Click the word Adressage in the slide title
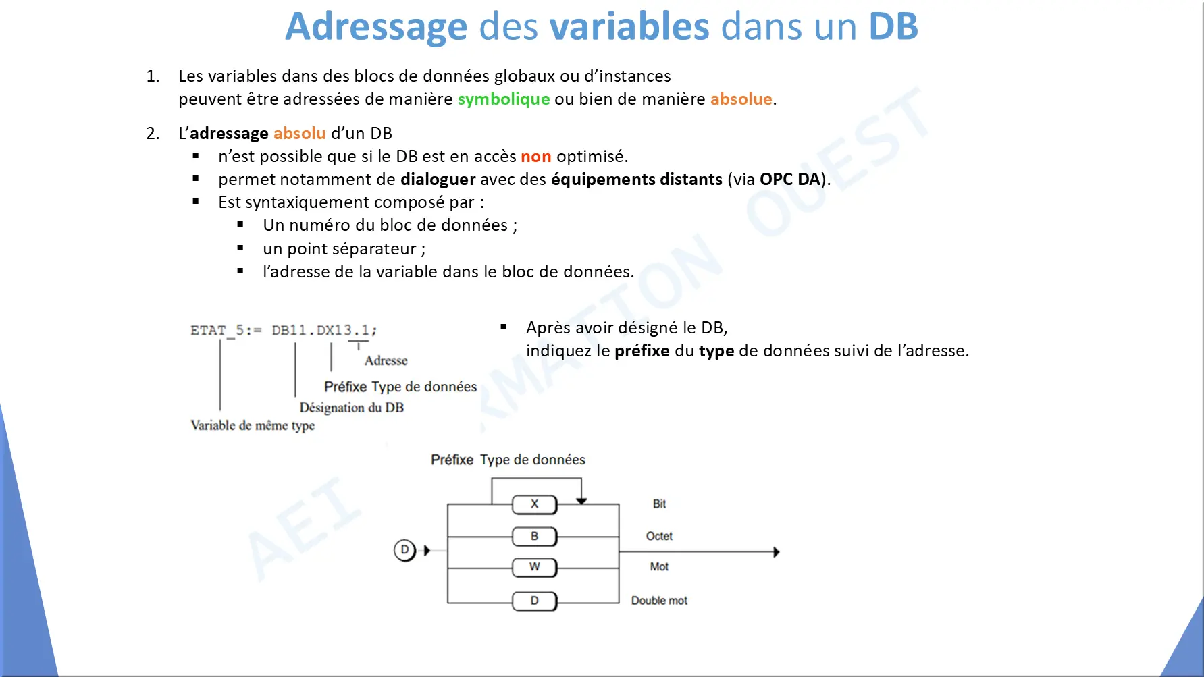(376, 27)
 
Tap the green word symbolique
(504, 99)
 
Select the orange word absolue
(741, 99)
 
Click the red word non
(536, 157)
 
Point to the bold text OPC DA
(790, 179)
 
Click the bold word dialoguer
(438, 180)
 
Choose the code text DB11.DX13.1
(321, 330)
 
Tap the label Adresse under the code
(386, 360)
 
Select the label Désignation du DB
(352, 408)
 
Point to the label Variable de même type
(253, 425)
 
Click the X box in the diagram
(534, 504)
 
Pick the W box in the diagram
(534, 567)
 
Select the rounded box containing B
(534, 537)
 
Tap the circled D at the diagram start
(404, 550)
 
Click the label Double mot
(659, 601)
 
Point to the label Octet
(659, 536)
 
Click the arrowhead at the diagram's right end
(777, 552)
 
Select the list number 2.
(153, 134)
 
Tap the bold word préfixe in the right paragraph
(642, 351)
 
